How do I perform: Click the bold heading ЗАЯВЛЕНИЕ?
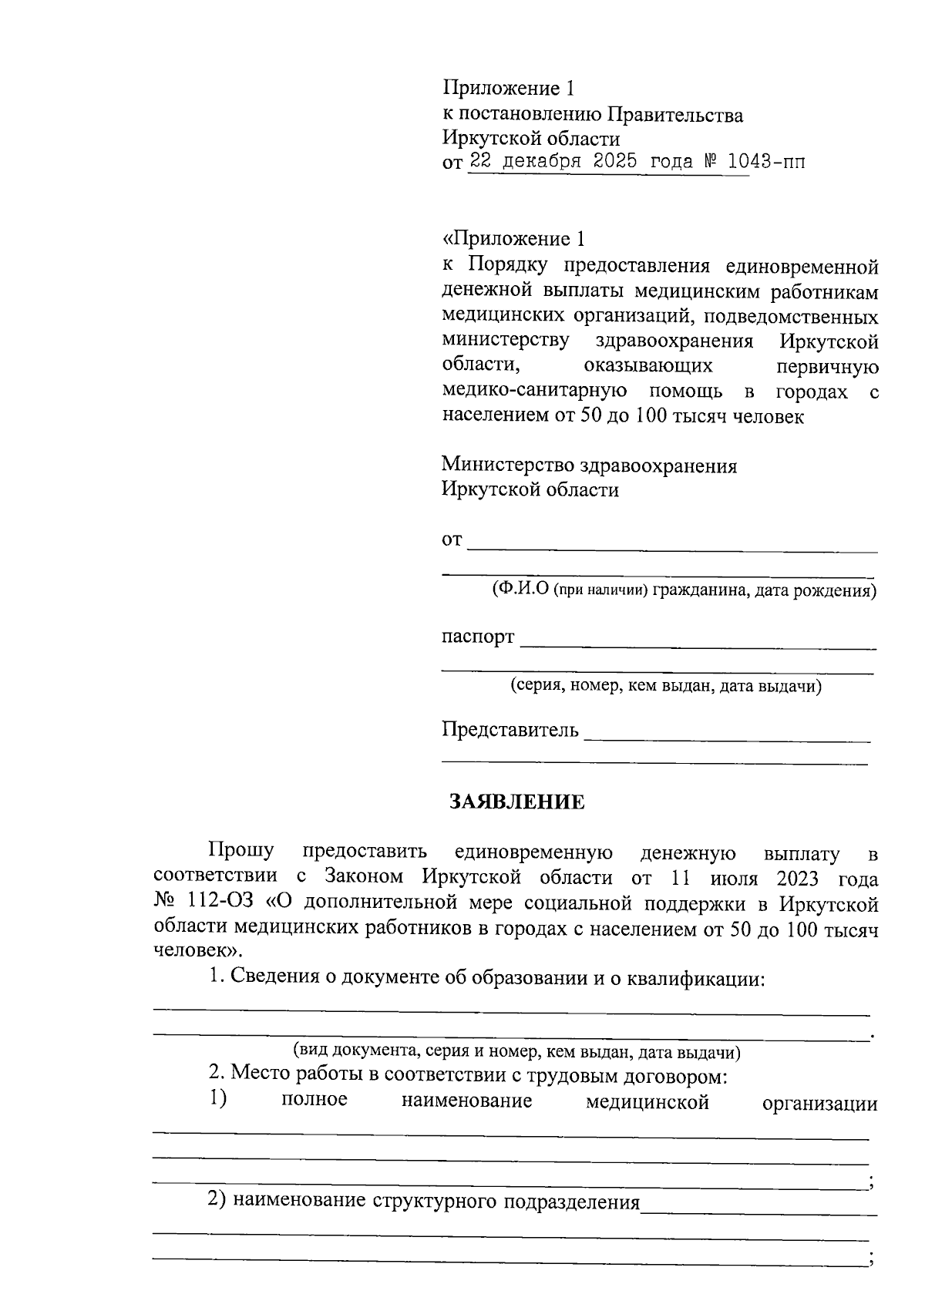(x=517, y=802)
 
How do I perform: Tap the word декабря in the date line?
(x=543, y=163)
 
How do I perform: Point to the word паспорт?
(x=477, y=637)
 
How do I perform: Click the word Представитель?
(x=510, y=729)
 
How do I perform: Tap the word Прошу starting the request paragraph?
(x=240, y=852)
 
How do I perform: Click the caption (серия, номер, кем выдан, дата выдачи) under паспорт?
(x=666, y=685)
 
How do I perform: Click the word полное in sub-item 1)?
(x=314, y=1099)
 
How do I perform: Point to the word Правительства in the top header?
(x=675, y=116)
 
